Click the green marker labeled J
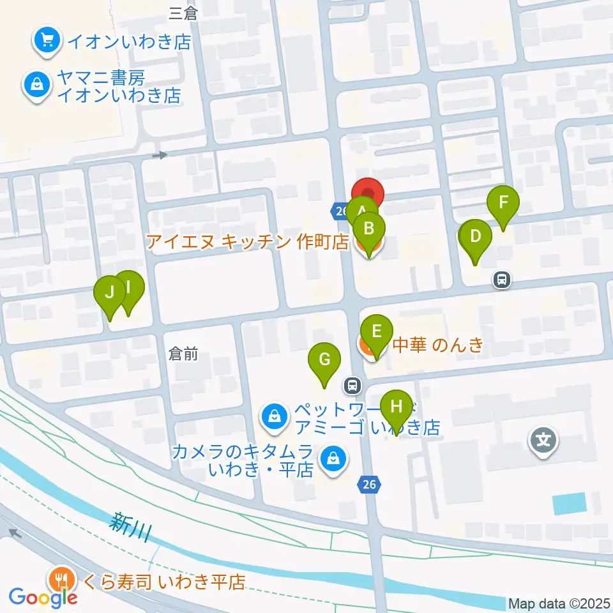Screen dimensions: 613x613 click(x=110, y=294)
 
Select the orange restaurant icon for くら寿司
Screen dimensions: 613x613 click(x=61, y=580)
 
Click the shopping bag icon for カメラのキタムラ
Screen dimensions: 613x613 click(x=333, y=458)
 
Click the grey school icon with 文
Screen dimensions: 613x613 click(x=543, y=440)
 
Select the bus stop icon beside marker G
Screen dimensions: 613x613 click(x=351, y=385)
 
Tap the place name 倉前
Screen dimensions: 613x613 click(x=183, y=354)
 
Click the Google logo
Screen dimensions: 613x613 click(x=43, y=597)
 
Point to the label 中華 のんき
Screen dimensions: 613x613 click(x=437, y=345)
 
